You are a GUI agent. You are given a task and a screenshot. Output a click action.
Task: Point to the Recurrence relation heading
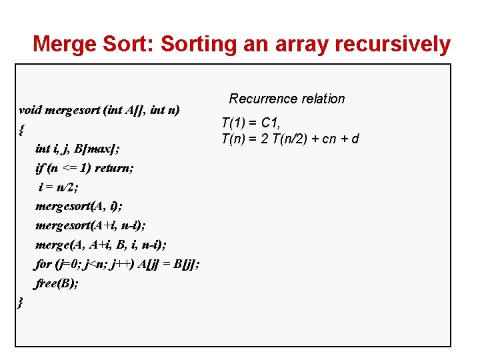[x=287, y=99]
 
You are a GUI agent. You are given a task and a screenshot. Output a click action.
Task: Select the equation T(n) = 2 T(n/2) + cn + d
[x=290, y=139]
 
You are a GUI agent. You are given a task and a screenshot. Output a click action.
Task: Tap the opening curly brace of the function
[x=22, y=129]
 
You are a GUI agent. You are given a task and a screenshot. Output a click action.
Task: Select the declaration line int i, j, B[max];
[x=77, y=149]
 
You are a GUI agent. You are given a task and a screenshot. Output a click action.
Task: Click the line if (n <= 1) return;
[x=84, y=168]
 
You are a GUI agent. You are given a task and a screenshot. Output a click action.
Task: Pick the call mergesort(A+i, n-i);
[x=94, y=226]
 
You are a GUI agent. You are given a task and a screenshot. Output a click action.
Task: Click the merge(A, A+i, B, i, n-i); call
[x=101, y=245]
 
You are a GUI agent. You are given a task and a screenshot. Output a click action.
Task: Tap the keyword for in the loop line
[x=43, y=264]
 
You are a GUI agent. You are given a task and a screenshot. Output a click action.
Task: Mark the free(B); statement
[x=57, y=283]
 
